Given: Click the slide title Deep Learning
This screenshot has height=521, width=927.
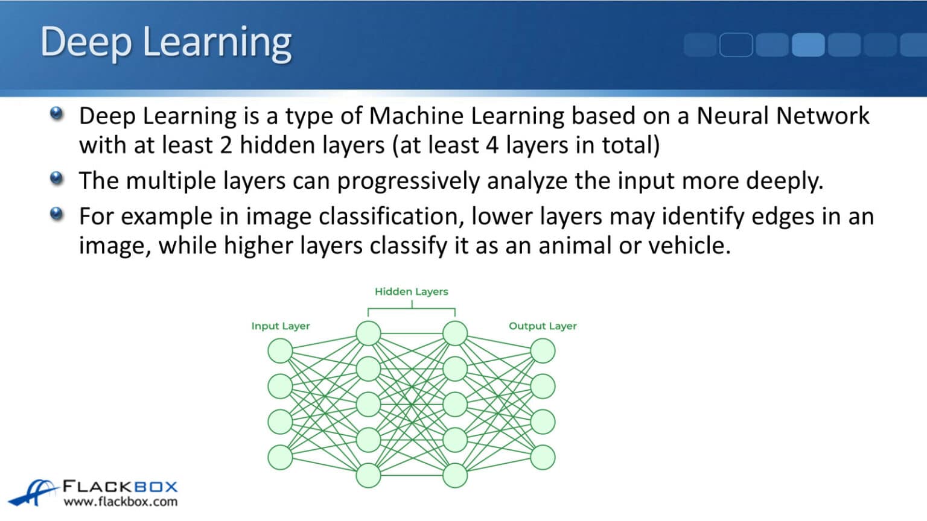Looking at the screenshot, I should click(x=166, y=42).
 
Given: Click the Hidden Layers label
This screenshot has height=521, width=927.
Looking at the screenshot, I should click(x=411, y=292).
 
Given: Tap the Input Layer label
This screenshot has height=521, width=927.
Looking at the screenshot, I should click(x=280, y=326).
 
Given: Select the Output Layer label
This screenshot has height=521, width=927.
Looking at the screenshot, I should click(x=543, y=326).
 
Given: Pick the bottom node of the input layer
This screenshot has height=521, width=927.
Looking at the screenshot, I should click(x=280, y=457).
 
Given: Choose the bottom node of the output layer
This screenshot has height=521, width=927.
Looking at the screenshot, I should click(x=543, y=457).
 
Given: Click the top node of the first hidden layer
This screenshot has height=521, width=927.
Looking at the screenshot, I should click(x=368, y=333).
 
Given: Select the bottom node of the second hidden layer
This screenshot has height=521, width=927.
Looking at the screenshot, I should click(x=455, y=476).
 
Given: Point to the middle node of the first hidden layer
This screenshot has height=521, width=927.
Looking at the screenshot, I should click(x=368, y=405).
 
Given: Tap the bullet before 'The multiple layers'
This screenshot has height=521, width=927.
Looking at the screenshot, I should click(x=57, y=178).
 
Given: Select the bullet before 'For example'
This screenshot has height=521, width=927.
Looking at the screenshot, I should click(x=57, y=214).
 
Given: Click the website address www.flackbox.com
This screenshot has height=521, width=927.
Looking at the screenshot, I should click(x=121, y=502).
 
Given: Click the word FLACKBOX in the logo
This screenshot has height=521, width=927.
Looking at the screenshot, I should click(x=120, y=487).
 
